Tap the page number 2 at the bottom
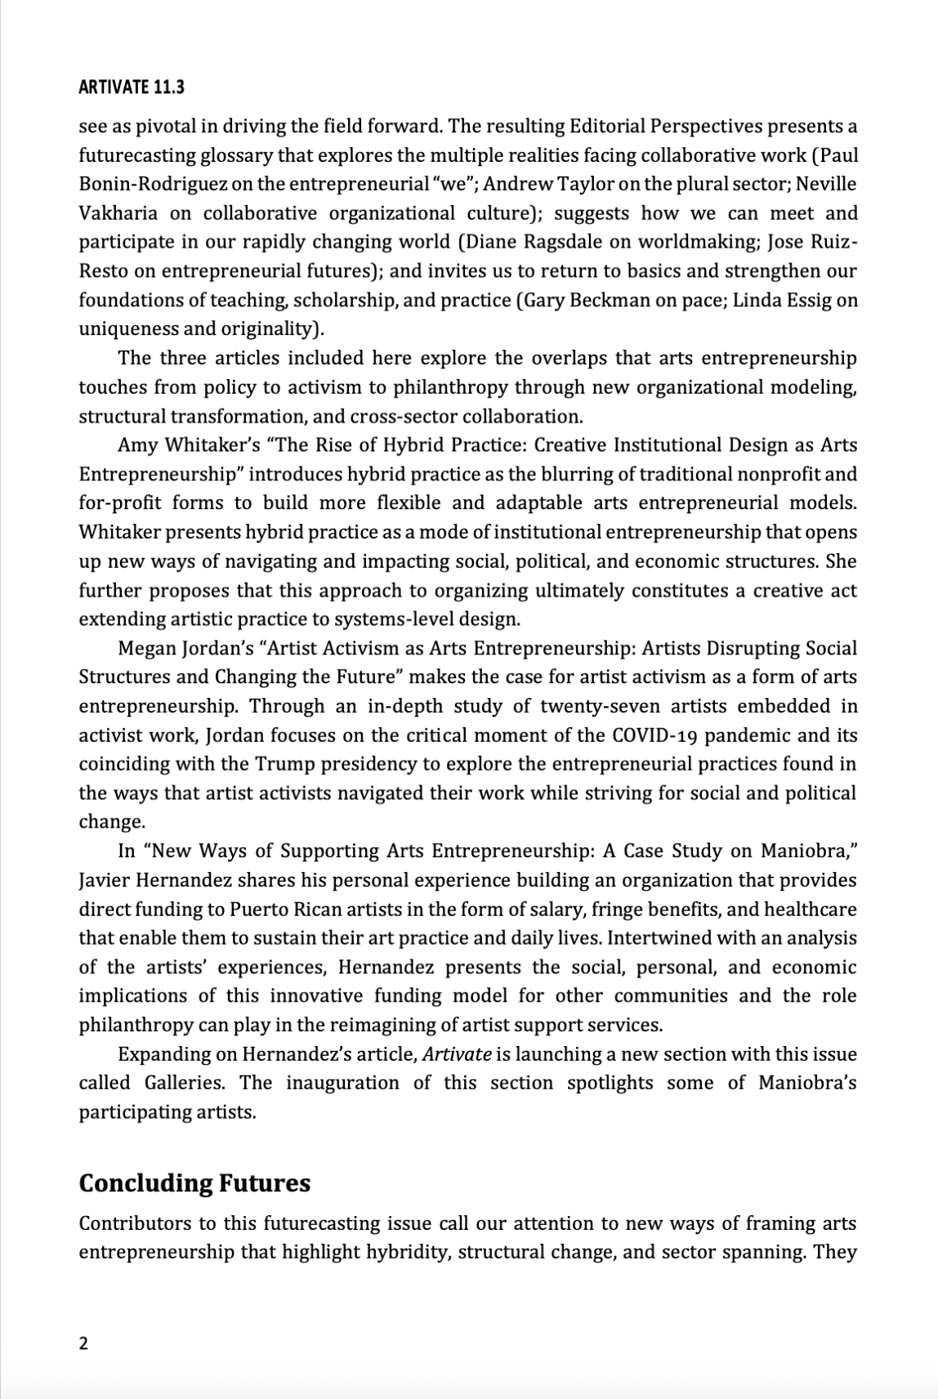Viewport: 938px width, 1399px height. pyautogui.click(x=83, y=1344)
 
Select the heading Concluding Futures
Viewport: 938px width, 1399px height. pyautogui.click(x=194, y=1182)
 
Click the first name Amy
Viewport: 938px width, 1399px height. pyautogui.click(x=135, y=445)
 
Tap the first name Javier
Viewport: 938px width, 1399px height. pyautogui.click(x=103, y=881)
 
